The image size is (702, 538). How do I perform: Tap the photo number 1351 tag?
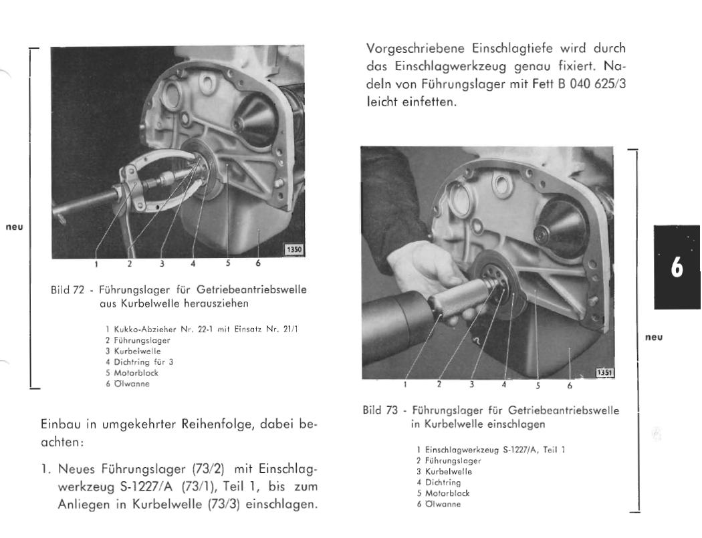coord(604,372)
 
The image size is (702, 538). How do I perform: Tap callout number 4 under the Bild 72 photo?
coord(193,263)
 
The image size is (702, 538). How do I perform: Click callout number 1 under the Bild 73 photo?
coord(405,384)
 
